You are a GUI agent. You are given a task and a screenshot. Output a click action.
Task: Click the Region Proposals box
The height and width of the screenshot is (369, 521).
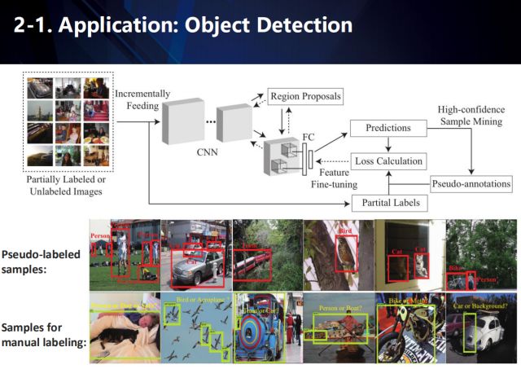[x=304, y=96]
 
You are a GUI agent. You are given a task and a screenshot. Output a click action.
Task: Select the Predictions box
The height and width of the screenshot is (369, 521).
[x=387, y=128]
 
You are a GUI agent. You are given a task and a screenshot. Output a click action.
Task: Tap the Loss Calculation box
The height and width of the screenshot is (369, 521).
[x=388, y=160]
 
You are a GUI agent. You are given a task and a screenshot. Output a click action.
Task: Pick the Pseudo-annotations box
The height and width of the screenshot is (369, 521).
[x=471, y=183]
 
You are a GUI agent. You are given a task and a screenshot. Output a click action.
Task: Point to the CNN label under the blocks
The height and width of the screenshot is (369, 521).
[x=206, y=151]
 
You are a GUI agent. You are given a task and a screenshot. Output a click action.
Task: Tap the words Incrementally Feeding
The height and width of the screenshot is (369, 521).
[x=142, y=101]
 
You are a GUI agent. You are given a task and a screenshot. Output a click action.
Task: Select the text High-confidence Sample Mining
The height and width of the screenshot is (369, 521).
[x=470, y=116]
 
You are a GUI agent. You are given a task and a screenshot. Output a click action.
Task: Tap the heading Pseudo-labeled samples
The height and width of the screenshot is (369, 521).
[x=41, y=261]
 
